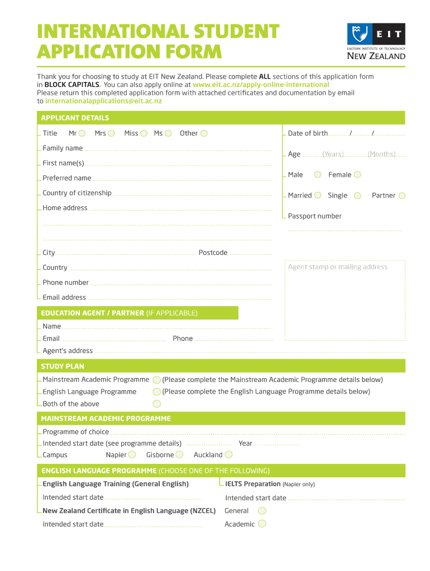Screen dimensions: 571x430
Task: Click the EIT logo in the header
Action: [x=376, y=41]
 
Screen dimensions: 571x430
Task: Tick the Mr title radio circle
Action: [x=82, y=133]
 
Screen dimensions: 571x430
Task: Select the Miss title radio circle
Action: [x=144, y=133]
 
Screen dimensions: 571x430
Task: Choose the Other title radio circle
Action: [x=204, y=133]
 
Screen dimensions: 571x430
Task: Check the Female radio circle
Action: [x=357, y=175]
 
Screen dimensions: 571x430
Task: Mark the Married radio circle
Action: [x=318, y=195]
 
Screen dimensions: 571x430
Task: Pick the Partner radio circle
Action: [x=402, y=195]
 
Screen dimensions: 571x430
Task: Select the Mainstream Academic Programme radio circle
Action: [x=157, y=380]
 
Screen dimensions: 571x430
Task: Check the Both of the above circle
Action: [x=157, y=404]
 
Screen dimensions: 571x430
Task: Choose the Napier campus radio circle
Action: [x=132, y=455]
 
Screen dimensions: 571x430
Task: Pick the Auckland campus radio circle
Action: [x=228, y=455]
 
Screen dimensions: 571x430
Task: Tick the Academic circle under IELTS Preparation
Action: [x=262, y=524]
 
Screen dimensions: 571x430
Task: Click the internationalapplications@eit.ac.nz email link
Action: [x=103, y=101]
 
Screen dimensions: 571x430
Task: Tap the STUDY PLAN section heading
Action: [x=63, y=366]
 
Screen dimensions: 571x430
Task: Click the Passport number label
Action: [x=314, y=216]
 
